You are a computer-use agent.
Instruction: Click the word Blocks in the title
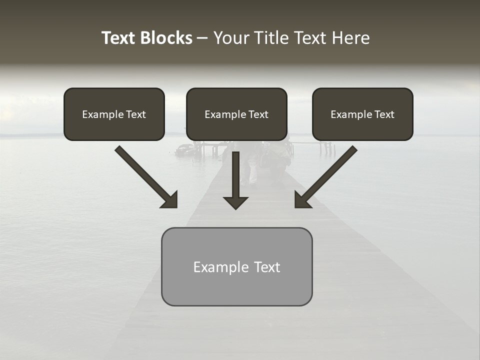coord(167,38)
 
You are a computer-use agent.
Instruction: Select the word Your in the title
coord(230,38)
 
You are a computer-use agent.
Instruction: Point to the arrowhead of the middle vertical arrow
coord(235,202)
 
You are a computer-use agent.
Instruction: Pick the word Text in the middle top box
coord(258,114)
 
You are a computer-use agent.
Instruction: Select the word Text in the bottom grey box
coord(267,267)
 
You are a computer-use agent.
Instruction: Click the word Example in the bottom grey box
coord(220,267)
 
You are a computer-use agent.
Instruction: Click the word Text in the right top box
coord(384,114)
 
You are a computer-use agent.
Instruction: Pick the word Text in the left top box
coord(135,114)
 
